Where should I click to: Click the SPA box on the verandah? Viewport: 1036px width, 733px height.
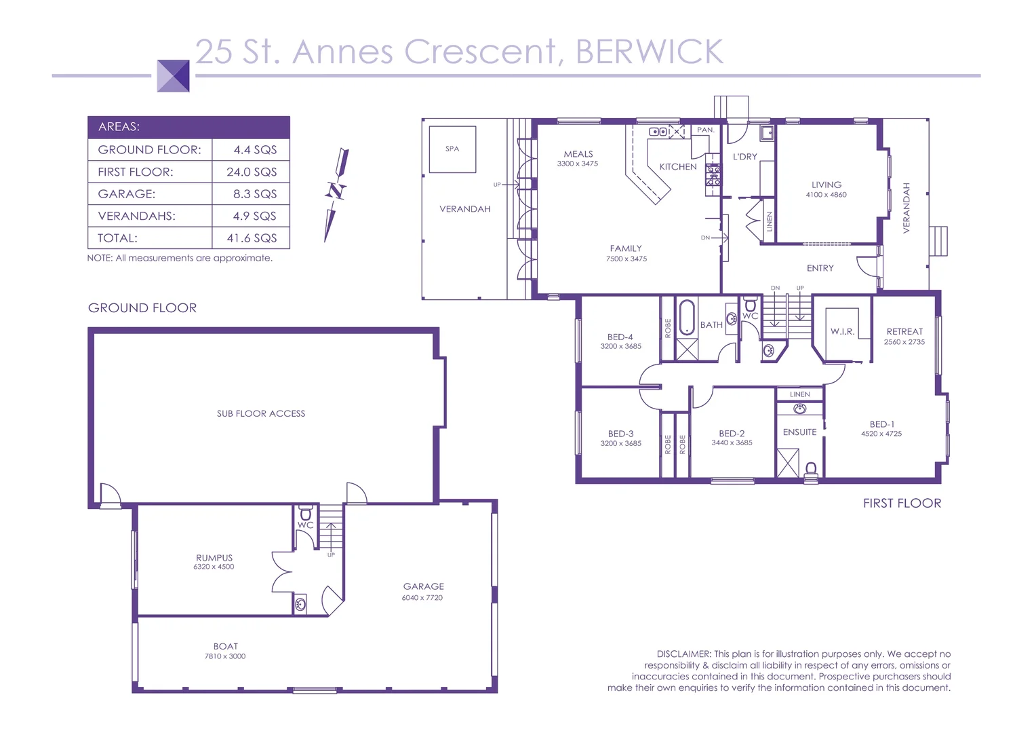(x=452, y=149)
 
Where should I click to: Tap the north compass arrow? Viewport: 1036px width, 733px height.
(x=336, y=193)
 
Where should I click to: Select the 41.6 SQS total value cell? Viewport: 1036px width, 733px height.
(x=252, y=238)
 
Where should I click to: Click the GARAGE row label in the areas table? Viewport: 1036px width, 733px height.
(x=127, y=194)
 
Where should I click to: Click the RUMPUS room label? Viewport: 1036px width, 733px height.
(x=214, y=558)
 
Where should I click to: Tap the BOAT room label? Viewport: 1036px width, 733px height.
(x=226, y=647)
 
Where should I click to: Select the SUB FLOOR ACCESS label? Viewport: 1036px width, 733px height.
(x=261, y=413)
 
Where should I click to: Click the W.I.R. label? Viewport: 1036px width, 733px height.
(x=842, y=331)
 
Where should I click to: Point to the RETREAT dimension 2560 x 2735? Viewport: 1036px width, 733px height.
(x=904, y=342)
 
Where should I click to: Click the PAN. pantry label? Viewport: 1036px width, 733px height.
(x=706, y=130)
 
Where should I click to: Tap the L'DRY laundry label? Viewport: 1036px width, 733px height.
(x=744, y=157)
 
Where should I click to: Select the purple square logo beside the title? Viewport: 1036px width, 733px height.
(x=173, y=75)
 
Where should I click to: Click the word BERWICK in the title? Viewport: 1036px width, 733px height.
(x=650, y=52)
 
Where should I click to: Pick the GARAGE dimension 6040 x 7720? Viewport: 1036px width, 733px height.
(x=422, y=598)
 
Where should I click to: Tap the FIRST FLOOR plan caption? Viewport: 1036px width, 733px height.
(x=902, y=503)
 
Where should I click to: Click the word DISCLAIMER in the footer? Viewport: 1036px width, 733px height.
(x=683, y=654)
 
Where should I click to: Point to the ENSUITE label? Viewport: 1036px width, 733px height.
(x=799, y=432)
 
